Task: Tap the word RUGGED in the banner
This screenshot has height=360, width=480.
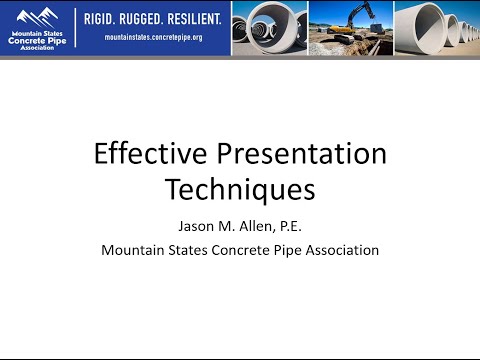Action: pyautogui.click(x=155, y=18)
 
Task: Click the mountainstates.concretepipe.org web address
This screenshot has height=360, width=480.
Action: pyautogui.click(x=153, y=37)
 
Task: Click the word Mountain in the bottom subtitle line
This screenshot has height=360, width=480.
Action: pyautogui.click(x=131, y=250)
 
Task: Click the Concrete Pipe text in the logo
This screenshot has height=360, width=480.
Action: pyautogui.click(x=37, y=39)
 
